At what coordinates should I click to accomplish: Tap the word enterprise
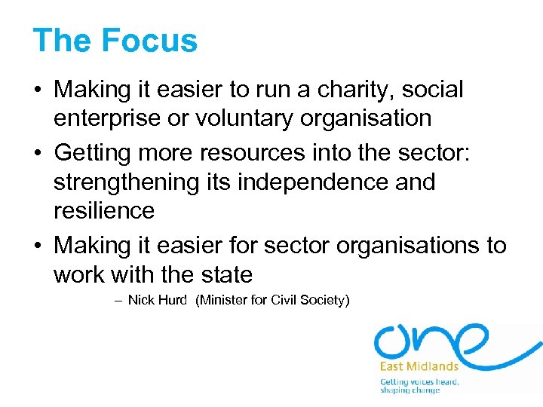coord(107,118)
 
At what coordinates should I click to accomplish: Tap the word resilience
coord(104,210)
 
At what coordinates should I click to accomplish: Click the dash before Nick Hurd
coord(118,300)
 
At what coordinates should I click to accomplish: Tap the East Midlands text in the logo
coord(419,366)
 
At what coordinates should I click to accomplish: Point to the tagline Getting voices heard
coord(419,381)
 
